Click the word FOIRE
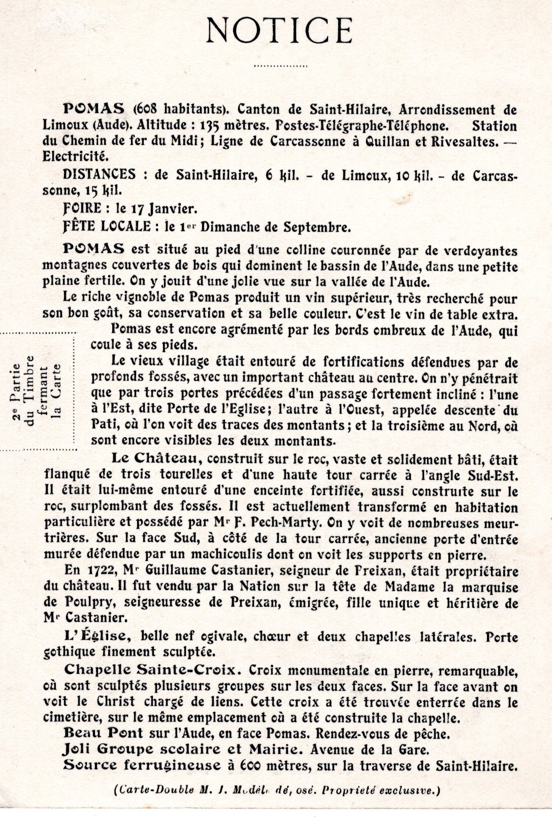coord(84,208)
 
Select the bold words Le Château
coord(154,459)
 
